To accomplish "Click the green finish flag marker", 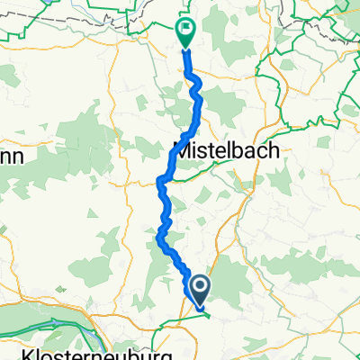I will pyautogui.click(x=186, y=31).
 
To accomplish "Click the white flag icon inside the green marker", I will pyautogui.click(x=186, y=29).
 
